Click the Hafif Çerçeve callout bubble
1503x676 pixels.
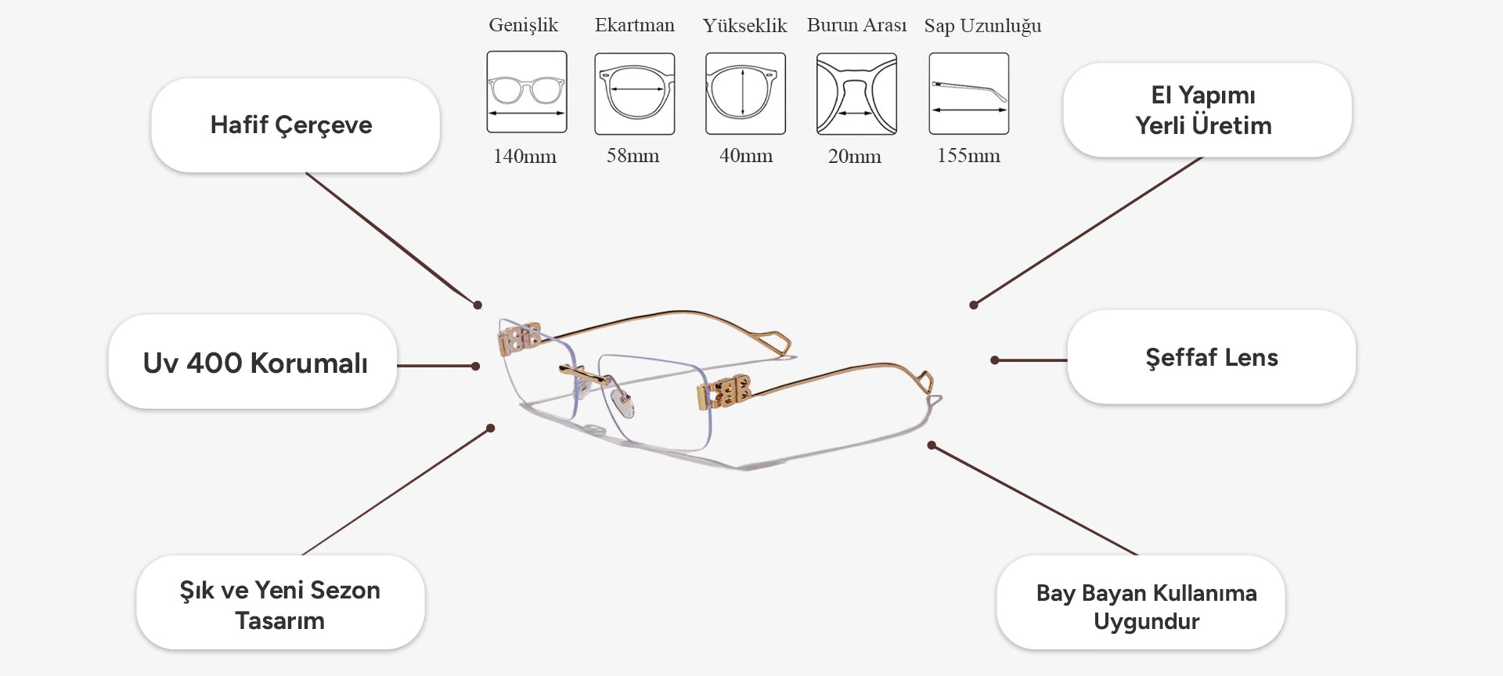pyautogui.click(x=294, y=125)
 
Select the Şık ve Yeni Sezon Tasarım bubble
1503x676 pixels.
pyautogui.click(x=280, y=604)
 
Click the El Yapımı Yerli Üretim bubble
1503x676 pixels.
pyautogui.click(x=1206, y=110)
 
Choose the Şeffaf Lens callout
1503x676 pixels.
pyautogui.click(x=1210, y=358)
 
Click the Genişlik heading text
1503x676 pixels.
pyautogui.click(x=523, y=25)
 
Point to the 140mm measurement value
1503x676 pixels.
pyautogui.click(x=524, y=156)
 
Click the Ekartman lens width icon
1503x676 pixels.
pyautogui.click(x=634, y=93)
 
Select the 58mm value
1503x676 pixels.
pyautogui.click(x=633, y=156)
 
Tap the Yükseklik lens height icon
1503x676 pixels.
pyautogui.click(x=745, y=93)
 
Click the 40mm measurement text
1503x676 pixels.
pyautogui.click(x=745, y=156)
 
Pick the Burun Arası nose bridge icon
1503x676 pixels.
pyautogui.click(x=856, y=93)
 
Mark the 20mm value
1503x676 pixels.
pyautogui.click(x=854, y=157)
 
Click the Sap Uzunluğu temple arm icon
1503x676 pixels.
pyautogui.click(x=968, y=93)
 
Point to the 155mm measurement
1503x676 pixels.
pyautogui.click(x=968, y=156)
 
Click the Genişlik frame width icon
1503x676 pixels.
pyautogui.click(x=526, y=92)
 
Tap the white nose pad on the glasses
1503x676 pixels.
pyautogui.click(x=623, y=403)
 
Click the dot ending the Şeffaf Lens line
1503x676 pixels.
pyautogui.click(x=994, y=360)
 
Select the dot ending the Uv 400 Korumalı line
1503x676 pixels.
pyautogui.click(x=476, y=366)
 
